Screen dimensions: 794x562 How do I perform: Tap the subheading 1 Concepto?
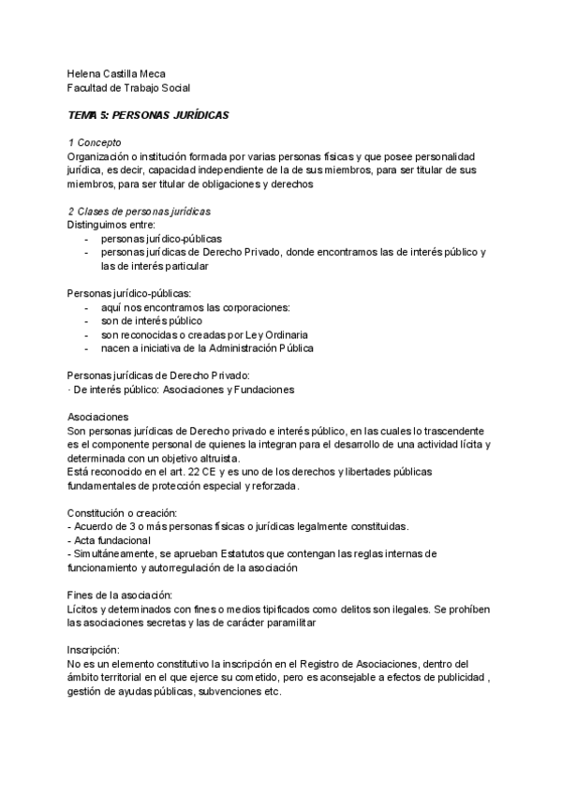pyautogui.click(x=96, y=141)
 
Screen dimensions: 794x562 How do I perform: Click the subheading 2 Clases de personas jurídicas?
pyautogui.click(x=140, y=212)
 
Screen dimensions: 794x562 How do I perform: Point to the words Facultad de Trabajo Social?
pyautogui.click(x=129, y=88)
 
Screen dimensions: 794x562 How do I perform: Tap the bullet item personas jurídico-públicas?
pyautogui.click(x=161, y=239)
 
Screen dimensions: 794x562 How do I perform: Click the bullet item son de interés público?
pyautogui.click(x=151, y=321)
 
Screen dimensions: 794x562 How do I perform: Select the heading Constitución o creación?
pyautogui.click(x=128, y=513)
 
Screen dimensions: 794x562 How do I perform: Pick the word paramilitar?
pyautogui.click(x=290, y=623)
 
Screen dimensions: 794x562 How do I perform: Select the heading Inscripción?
pyautogui.click(x=94, y=650)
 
